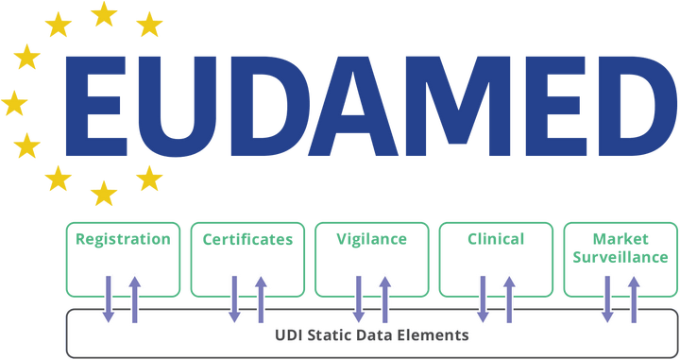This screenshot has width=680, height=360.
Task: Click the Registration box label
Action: (x=124, y=239)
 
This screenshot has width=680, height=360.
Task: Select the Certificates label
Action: (x=248, y=239)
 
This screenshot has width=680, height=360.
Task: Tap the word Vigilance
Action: (x=372, y=239)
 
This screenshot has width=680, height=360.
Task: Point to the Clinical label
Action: (x=496, y=239)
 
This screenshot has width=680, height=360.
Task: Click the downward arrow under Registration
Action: (x=109, y=297)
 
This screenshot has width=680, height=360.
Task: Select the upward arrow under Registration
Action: (x=135, y=295)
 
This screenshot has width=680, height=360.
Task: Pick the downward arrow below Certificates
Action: (x=235, y=297)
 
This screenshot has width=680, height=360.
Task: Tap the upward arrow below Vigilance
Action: (x=384, y=295)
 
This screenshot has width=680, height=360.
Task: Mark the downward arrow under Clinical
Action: (x=483, y=297)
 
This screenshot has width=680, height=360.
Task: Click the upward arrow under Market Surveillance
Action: (x=633, y=295)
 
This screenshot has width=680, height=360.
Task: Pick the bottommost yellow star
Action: (x=102, y=194)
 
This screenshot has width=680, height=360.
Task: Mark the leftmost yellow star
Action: (x=14, y=102)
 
